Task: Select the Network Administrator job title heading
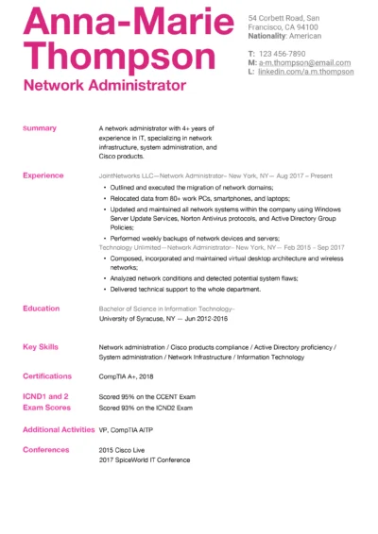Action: pos(104,86)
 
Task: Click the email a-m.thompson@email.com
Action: pos(305,63)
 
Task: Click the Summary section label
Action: pos(40,128)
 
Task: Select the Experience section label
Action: pos(43,175)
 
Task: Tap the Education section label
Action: pos(42,309)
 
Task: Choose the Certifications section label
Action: pos(47,375)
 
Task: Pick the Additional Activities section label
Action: pos(58,429)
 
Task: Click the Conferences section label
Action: pos(46,449)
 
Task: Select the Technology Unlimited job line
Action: pos(221,247)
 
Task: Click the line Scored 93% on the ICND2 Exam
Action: pos(146,408)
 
